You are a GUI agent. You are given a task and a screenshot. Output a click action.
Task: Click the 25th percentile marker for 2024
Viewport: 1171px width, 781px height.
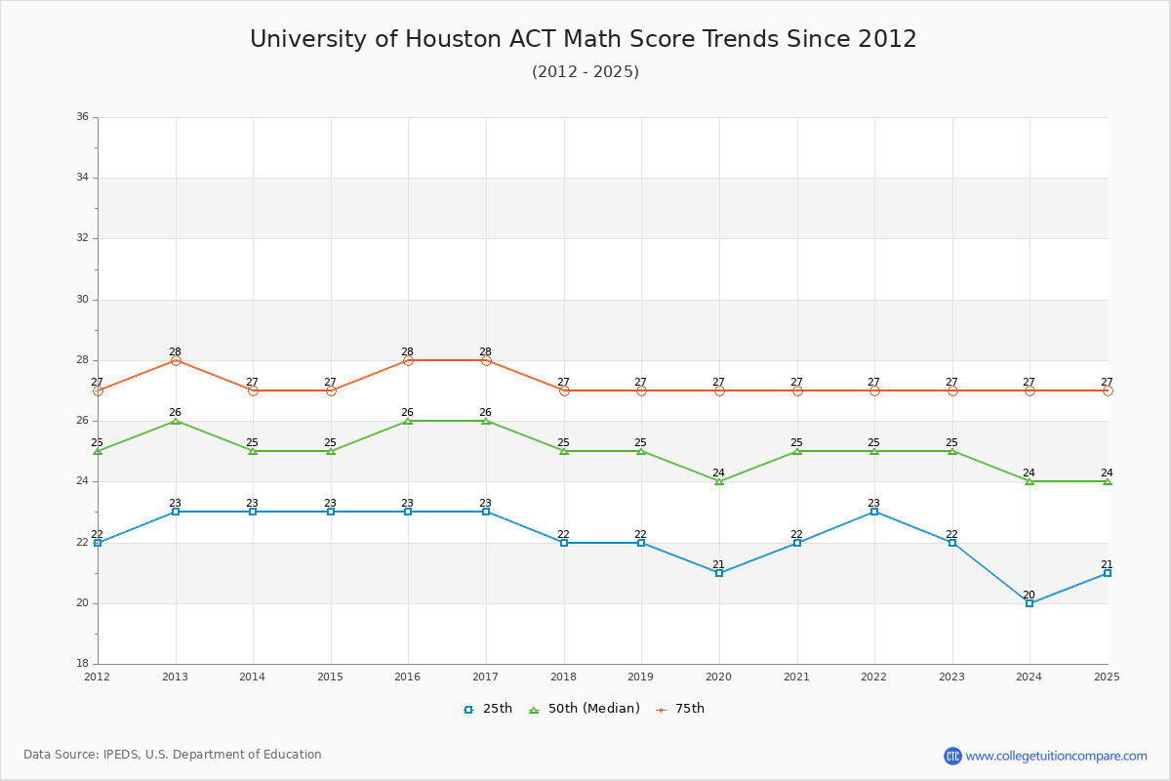[1030, 603]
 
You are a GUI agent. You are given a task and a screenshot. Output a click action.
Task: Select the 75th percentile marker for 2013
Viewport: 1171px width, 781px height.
[176, 360]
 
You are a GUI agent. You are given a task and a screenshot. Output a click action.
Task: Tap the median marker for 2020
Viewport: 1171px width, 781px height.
[719, 481]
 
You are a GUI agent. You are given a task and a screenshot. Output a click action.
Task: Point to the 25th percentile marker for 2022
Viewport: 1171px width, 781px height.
[874, 512]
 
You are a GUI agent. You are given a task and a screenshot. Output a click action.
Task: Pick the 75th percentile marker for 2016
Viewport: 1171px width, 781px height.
[408, 360]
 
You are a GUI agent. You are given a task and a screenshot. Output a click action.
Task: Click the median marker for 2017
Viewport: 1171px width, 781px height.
[486, 421]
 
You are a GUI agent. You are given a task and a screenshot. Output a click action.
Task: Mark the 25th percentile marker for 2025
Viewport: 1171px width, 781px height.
[1108, 573]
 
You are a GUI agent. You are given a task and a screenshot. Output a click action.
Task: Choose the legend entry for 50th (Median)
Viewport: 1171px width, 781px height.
[585, 709]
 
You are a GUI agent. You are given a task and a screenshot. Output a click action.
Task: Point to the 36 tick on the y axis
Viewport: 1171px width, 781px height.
[82, 117]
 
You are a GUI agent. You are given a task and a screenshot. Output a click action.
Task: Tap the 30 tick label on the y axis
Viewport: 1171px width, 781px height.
[82, 300]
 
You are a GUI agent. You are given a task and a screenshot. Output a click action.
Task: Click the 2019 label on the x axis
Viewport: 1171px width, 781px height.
[641, 677]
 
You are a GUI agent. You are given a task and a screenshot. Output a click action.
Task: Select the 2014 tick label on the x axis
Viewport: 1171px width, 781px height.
[253, 677]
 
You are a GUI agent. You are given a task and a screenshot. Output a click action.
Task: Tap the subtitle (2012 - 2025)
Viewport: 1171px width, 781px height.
[585, 72]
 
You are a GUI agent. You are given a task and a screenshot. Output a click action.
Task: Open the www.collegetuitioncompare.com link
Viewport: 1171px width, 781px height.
[1056, 756]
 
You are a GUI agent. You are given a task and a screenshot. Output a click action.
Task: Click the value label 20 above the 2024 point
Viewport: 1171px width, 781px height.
[1029, 595]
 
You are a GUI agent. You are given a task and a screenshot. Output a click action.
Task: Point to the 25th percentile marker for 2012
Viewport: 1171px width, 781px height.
[98, 543]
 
